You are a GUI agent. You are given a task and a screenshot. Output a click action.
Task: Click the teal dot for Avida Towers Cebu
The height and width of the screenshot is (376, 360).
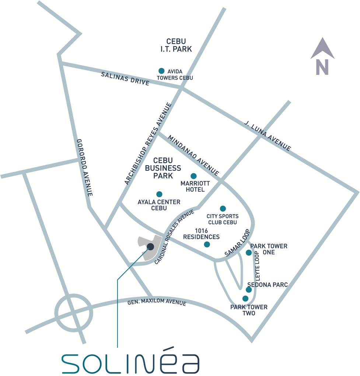tap(161, 71)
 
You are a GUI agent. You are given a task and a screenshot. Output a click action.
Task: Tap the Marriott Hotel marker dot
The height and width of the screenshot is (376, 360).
tap(193, 176)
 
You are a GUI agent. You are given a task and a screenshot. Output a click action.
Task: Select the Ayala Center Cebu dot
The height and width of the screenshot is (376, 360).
tap(159, 194)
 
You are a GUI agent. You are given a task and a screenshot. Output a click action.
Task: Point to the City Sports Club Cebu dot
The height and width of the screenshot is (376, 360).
tap(223, 209)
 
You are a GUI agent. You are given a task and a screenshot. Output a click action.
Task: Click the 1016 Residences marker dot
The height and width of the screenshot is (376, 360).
tap(207, 244)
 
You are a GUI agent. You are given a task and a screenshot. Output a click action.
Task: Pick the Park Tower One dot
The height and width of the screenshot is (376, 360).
tap(249, 253)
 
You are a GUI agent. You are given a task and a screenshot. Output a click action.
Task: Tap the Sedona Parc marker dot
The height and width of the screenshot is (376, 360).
tap(249, 290)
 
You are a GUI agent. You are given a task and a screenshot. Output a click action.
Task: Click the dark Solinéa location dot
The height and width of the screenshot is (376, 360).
tap(150, 247)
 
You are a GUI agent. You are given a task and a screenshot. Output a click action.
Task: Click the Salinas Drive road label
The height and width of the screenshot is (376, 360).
tap(125, 79)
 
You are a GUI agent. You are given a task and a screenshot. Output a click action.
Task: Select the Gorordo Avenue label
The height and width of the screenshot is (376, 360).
tap(84, 167)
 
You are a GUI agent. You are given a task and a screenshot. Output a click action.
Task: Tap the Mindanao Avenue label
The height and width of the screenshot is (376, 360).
tap(193, 155)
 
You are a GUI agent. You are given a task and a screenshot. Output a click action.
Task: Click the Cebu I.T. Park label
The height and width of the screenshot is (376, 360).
tap(176, 45)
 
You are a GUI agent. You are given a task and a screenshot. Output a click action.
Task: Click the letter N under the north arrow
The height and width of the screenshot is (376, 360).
tap(322, 67)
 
